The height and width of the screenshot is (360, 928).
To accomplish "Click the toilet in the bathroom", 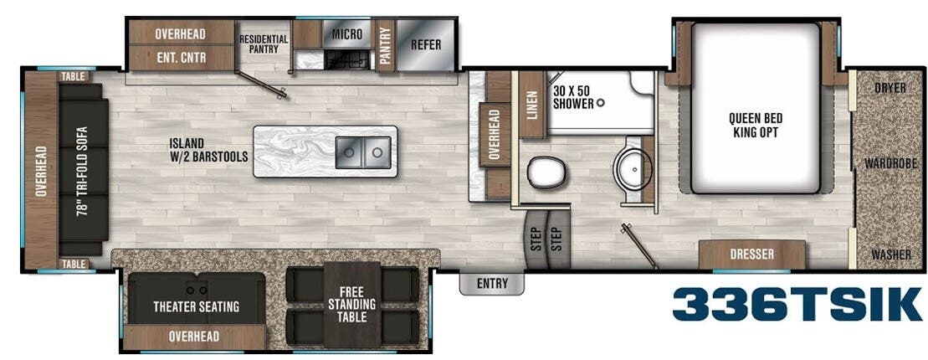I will point(545,172).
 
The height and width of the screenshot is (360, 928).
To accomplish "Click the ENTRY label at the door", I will point(492,284).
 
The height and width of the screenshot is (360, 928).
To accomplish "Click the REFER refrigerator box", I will point(425,44).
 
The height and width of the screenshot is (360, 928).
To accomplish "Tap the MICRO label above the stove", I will point(346,34).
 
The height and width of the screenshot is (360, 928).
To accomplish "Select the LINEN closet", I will point(531,105).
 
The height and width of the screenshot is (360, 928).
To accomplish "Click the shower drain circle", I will point(600,104).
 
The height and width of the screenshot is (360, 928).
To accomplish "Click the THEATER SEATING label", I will point(196,306).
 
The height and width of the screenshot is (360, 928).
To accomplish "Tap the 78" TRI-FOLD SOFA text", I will point(84,173).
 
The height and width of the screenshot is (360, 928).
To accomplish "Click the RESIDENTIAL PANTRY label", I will point(264,44).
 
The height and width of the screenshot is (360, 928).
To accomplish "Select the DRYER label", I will point(890,88).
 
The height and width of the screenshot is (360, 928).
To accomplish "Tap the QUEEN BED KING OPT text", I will point(755,125).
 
